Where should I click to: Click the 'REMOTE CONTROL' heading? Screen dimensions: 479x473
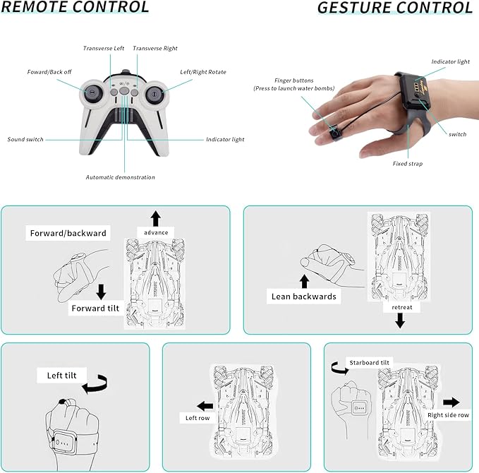[75, 7]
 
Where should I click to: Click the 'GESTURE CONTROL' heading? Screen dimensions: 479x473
[395, 8]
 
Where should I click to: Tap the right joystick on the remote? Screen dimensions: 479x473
[154, 93]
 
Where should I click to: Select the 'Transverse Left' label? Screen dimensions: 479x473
[104, 48]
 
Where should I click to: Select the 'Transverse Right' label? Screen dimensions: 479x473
[155, 48]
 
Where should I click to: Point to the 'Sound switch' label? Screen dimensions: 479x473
[25, 139]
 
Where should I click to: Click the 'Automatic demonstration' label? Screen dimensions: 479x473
[121, 177]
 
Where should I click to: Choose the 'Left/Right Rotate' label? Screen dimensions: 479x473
[203, 72]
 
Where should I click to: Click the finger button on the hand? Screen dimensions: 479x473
[335, 133]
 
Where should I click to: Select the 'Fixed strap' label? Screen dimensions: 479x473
[408, 164]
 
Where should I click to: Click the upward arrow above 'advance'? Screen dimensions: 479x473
[156, 218]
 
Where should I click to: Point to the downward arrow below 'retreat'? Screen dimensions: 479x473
[400, 321]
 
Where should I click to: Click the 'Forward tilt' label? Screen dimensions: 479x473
[95, 309]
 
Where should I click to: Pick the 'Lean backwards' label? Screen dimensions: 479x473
[303, 297]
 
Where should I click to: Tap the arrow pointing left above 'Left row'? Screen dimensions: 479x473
[205, 407]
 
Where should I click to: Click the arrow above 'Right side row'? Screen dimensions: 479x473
[451, 402]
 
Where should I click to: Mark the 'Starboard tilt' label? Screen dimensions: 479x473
[369, 363]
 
